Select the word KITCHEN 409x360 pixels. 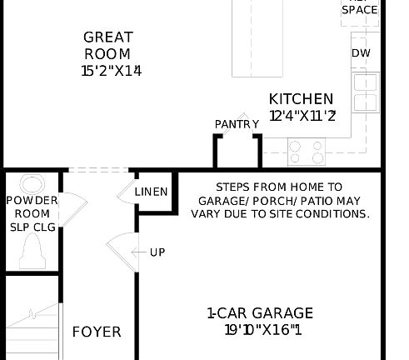coord(301,99)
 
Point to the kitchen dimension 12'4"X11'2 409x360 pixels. coord(302,116)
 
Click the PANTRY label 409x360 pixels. coord(237,124)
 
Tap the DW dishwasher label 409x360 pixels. coord(360,53)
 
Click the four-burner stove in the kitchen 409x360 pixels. coord(306,151)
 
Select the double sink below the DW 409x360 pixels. coord(365,92)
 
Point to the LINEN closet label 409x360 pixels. coord(151,192)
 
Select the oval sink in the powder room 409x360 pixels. coord(32,184)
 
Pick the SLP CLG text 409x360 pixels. coord(32,226)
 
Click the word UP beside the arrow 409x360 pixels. coord(157,252)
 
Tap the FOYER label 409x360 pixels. coord(96,332)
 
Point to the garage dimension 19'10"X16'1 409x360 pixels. coord(262,330)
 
